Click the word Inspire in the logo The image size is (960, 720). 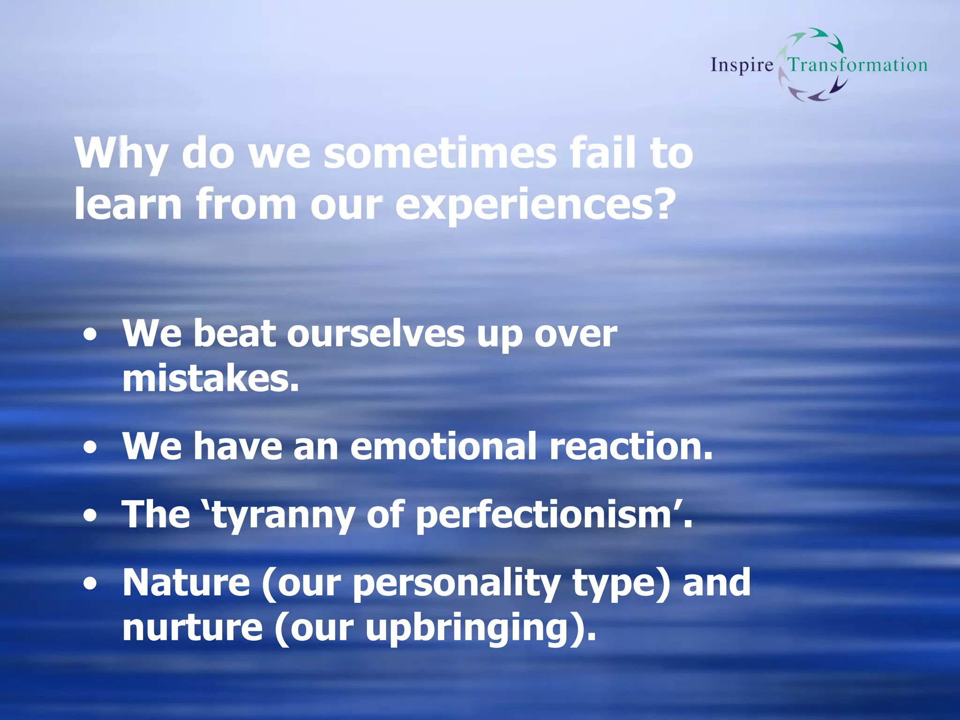[742, 65]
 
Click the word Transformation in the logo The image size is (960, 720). [857, 65]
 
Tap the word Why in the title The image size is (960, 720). [121, 154]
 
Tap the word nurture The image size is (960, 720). [192, 628]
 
